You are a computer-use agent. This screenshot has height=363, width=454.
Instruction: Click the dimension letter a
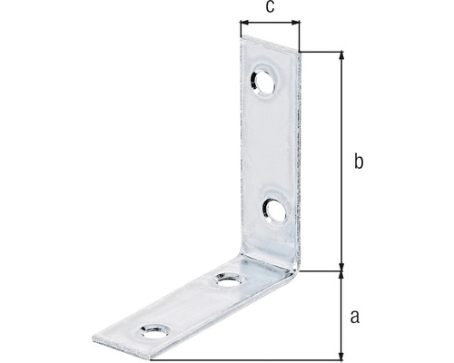(355, 317)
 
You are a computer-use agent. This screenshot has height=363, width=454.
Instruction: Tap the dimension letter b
(359, 162)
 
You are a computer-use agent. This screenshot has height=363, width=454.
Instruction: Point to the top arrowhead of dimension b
(341, 56)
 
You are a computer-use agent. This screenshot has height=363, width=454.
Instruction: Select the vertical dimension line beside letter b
(341, 162)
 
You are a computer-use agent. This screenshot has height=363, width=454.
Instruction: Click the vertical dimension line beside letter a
(341, 317)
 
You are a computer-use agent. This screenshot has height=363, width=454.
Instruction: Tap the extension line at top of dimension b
(323, 52)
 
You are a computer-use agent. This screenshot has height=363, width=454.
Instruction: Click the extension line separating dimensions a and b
(323, 270)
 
